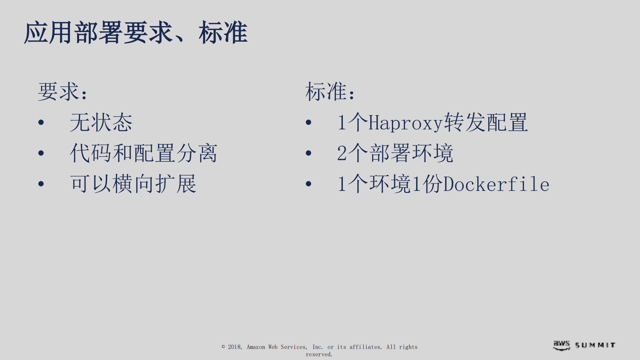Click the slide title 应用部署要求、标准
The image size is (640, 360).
click(x=136, y=33)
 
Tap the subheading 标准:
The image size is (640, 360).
click(x=330, y=91)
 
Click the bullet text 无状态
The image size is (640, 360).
click(x=101, y=122)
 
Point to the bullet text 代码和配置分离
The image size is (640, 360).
click(x=143, y=153)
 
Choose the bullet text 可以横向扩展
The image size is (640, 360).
click(x=133, y=184)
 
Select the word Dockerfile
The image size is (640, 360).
click(x=496, y=184)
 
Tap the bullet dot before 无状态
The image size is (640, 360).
click(x=41, y=122)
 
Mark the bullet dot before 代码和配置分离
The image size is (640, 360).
click(x=41, y=153)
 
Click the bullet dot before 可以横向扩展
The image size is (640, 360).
click(x=41, y=184)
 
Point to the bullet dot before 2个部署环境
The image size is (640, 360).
click(x=308, y=153)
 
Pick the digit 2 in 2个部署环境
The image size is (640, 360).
click(x=342, y=153)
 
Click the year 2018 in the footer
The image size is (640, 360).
click(x=234, y=347)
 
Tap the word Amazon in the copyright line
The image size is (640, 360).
click(x=255, y=347)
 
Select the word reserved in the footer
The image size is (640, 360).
click(x=318, y=354)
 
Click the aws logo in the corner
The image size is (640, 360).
click(x=562, y=345)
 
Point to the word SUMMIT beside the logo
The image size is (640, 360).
click(x=595, y=345)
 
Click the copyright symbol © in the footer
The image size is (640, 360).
click(x=223, y=347)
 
